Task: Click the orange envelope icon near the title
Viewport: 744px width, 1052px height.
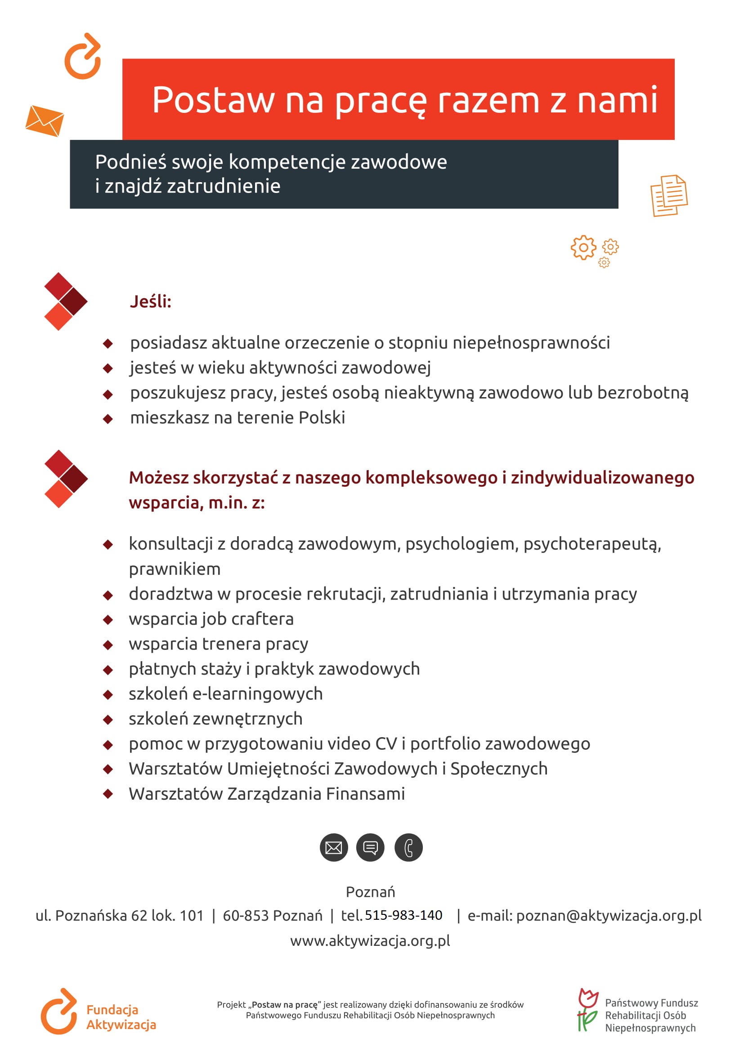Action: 45,121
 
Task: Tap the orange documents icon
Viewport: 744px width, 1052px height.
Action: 669,195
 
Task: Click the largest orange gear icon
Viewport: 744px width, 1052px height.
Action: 583,248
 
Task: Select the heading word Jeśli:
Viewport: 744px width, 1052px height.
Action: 150,302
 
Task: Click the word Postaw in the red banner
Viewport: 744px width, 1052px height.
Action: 213,100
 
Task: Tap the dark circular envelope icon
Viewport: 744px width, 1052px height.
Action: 333,848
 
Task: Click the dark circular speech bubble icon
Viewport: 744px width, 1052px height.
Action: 370,848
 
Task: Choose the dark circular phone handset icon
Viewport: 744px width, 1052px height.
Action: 408,848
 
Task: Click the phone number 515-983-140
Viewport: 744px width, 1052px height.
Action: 403,915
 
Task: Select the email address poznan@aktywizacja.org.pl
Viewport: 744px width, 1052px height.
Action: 609,916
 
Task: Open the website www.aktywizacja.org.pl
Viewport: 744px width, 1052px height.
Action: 370,941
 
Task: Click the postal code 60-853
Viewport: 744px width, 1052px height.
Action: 246,916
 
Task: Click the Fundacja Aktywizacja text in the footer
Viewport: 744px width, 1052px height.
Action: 121,1017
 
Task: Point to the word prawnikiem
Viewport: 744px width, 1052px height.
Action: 175,569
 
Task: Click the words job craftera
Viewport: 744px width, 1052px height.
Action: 247,619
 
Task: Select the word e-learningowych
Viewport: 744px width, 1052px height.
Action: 257,694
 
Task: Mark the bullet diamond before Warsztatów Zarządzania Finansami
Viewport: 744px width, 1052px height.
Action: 108,794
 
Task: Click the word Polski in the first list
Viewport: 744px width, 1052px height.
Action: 322,418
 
